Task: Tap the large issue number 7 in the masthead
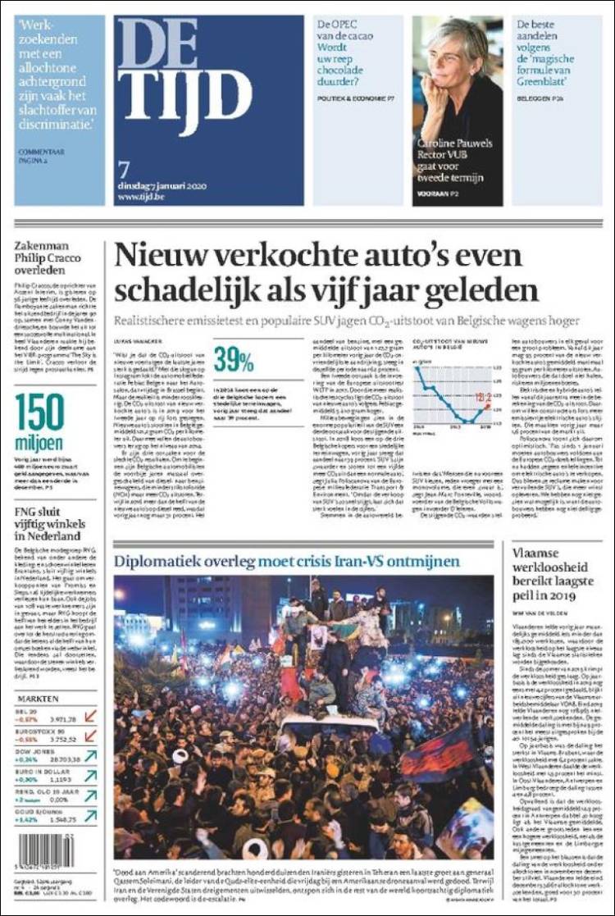tap(124, 169)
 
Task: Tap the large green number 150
tap(39, 412)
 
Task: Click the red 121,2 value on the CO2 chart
tap(483, 398)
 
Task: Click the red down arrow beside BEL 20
tap(89, 716)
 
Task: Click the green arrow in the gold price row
tap(89, 814)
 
